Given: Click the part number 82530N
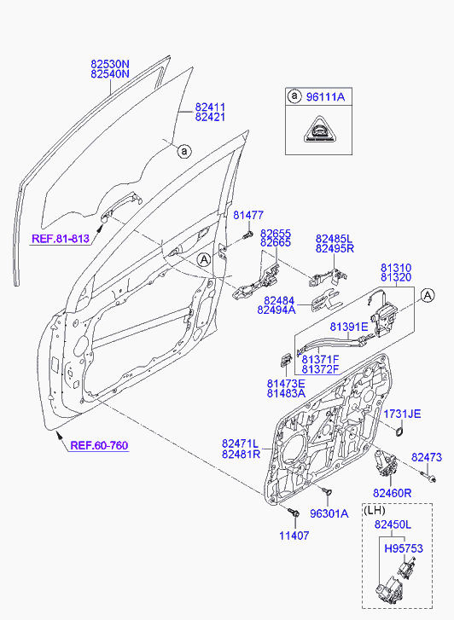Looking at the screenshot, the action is tap(110, 64).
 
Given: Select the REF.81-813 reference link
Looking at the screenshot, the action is tap(61, 239).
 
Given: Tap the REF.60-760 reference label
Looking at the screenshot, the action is tap(99, 446).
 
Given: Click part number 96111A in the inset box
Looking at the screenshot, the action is tap(325, 97).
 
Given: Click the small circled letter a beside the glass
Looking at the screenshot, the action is tap(184, 151).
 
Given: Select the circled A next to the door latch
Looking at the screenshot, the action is tap(428, 295).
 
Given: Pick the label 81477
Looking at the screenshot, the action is tap(248, 215).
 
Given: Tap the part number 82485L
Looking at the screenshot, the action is tap(334, 239).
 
